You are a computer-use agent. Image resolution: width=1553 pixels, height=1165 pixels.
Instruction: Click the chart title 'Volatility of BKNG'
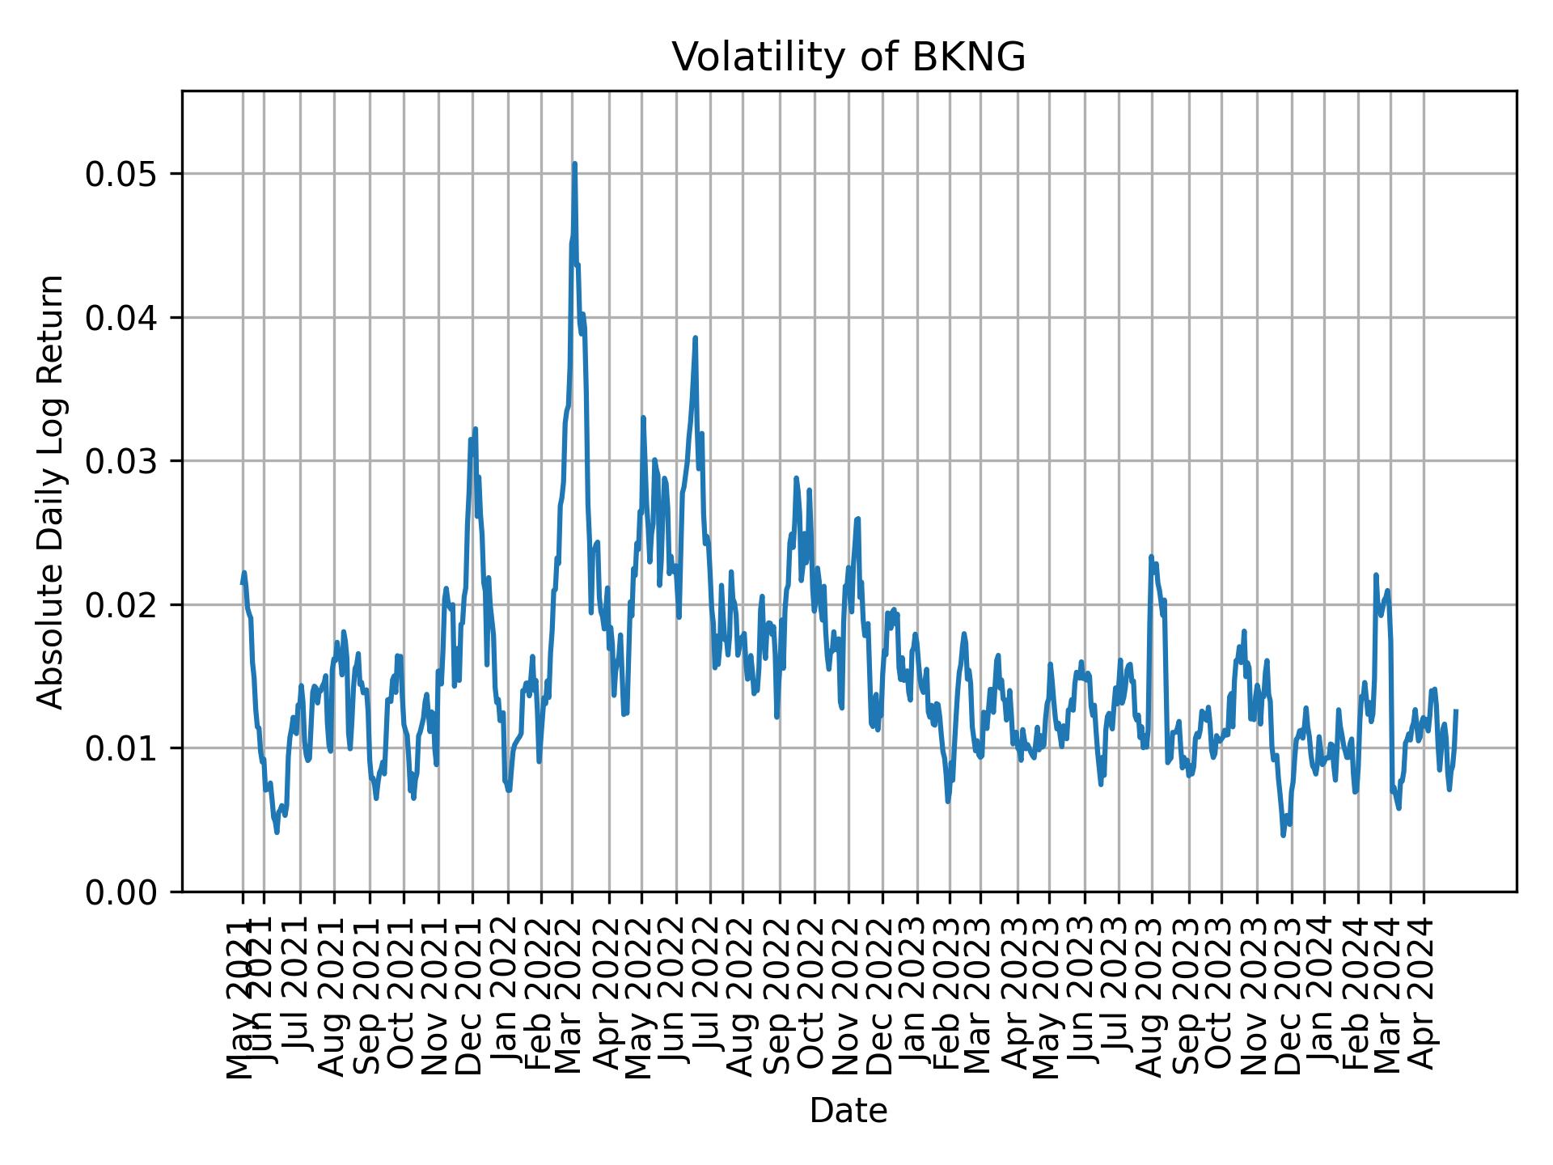[x=848, y=57]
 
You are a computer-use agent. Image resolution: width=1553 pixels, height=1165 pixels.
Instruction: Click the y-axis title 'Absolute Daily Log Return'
[x=52, y=491]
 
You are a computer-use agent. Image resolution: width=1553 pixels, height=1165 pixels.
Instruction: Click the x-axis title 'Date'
[x=848, y=1111]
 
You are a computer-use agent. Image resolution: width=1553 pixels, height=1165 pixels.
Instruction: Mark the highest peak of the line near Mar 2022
[x=574, y=163]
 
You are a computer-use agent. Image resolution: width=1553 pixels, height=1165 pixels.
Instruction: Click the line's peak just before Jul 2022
[x=695, y=338]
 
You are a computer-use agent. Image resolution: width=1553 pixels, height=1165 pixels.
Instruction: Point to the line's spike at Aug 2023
[x=1151, y=557]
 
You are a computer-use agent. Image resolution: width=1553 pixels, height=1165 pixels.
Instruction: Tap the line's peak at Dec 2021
[x=476, y=429]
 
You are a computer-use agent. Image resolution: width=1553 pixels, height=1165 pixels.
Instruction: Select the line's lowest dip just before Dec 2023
[x=1283, y=836]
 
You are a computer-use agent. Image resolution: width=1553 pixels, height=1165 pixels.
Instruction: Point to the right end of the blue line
[x=1456, y=710]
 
